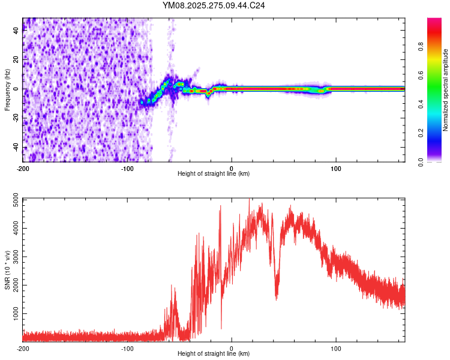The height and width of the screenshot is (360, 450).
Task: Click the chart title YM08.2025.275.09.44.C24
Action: (214, 5)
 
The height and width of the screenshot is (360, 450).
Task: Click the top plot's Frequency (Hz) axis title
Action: (7, 90)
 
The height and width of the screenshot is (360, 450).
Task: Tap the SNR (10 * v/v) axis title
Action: (7, 270)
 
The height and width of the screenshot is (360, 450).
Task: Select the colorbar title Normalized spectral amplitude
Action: (446, 90)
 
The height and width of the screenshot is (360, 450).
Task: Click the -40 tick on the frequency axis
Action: (16, 148)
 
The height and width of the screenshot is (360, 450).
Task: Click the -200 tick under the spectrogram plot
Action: (23, 168)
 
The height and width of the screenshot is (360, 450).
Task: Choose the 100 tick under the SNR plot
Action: (336, 348)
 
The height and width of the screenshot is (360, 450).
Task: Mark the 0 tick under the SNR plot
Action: (232, 348)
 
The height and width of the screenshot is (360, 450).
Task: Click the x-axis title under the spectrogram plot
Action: (214, 174)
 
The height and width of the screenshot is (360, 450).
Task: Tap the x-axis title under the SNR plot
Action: (214, 354)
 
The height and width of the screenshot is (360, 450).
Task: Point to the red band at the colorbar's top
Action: (434, 24)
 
